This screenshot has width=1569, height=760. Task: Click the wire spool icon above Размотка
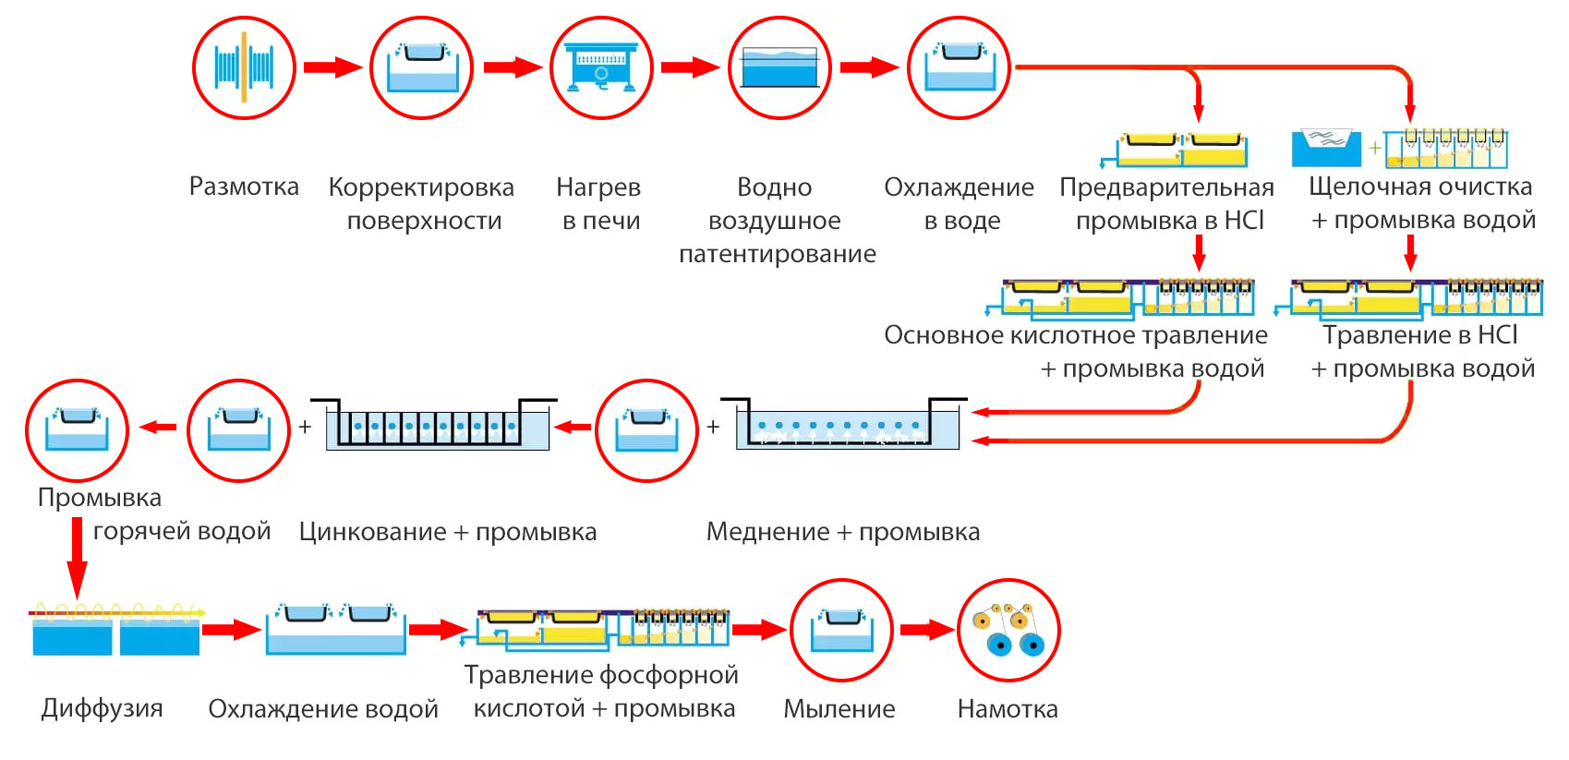(244, 67)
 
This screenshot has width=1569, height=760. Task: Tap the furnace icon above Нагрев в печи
(601, 67)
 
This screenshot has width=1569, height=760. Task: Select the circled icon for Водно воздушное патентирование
(779, 67)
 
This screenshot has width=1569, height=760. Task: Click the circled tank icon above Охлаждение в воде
(959, 67)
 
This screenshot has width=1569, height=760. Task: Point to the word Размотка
(244, 187)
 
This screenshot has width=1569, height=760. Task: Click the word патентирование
(778, 254)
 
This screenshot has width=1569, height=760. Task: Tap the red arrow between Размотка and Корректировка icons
(332, 67)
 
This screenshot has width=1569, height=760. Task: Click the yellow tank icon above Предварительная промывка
(1183, 149)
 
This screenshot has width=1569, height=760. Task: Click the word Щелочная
(1361, 187)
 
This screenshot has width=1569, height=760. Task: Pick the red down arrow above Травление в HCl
(1410, 251)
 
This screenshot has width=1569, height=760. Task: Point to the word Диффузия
(102, 708)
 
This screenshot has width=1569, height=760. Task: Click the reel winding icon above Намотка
(1008, 631)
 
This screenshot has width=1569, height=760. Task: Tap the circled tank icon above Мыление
(841, 631)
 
